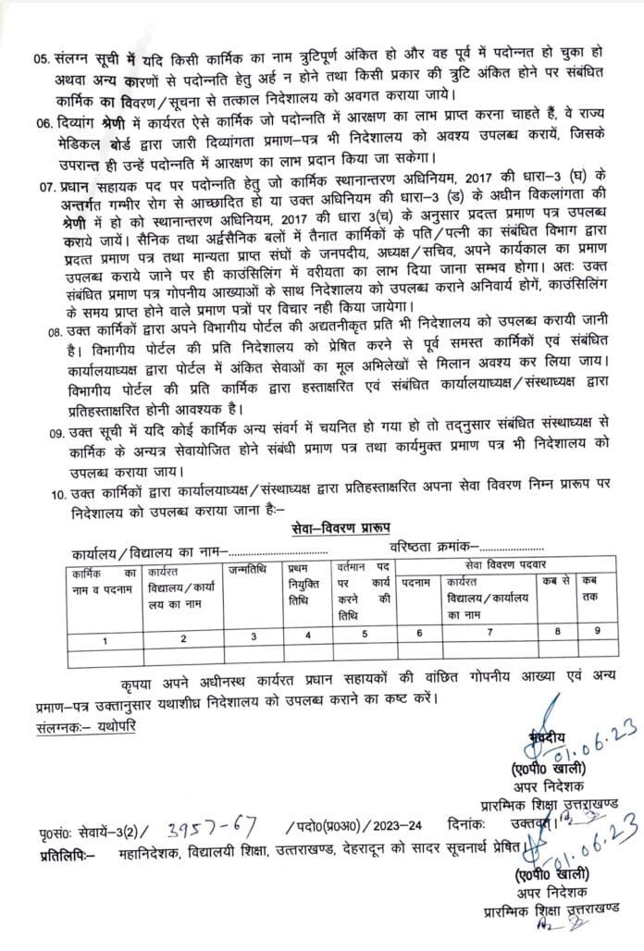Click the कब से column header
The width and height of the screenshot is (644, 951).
[554, 581]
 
